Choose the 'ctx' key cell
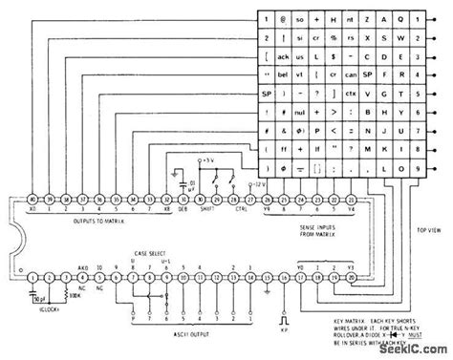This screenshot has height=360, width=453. click(x=352, y=97)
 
